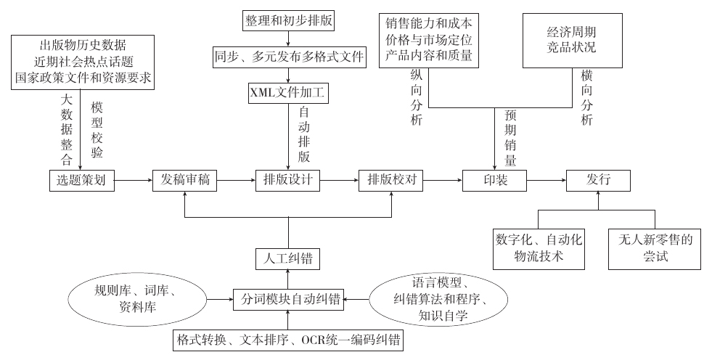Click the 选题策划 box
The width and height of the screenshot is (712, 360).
click(x=82, y=181)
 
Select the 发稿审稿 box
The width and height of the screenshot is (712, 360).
click(x=185, y=181)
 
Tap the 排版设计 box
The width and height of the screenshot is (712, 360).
click(x=288, y=181)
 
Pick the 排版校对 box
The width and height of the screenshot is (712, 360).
click(x=391, y=181)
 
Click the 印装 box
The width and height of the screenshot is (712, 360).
click(x=494, y=181)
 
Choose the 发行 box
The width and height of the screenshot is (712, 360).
click(x=598, y=181)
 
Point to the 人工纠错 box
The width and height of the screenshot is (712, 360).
click(x=288, y=258)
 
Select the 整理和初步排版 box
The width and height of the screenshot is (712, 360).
click(x=289, y=20)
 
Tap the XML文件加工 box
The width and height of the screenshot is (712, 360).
click(x=289, y=92)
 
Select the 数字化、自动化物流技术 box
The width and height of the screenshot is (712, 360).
click(x=539, y=247)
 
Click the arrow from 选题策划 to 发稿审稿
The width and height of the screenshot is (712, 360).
click(x=134, y=181)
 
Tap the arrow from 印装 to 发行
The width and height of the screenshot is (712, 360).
click(x=546, y=181)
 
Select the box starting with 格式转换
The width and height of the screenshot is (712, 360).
click(x=288, y=340)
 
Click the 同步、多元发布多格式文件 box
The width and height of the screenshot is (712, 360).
click(x=289, y=56)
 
